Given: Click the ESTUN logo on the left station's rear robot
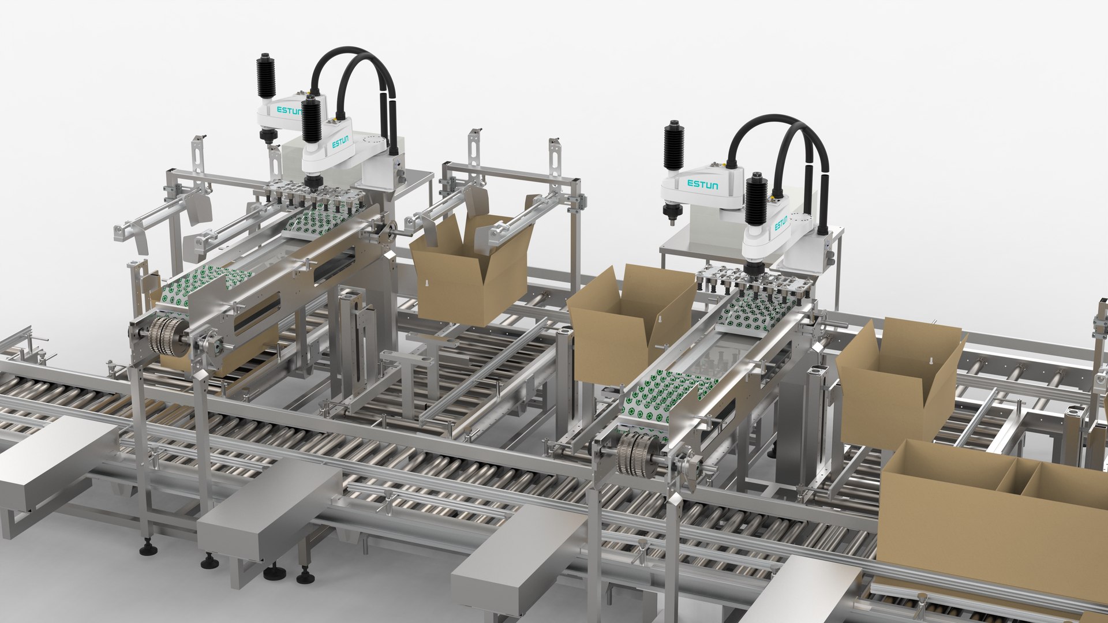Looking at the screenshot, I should coord(288,110).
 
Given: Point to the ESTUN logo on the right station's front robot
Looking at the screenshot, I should coord(780,224).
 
